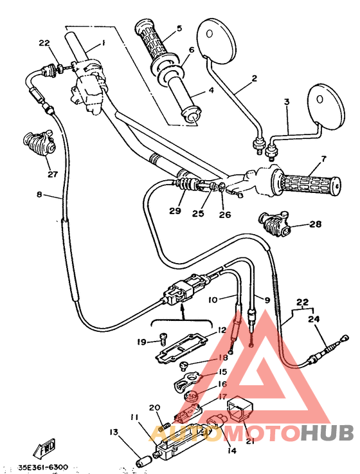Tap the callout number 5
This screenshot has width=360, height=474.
[179, 28]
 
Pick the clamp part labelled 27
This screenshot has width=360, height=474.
[39, 142]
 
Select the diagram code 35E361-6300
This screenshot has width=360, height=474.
[44, 466]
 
